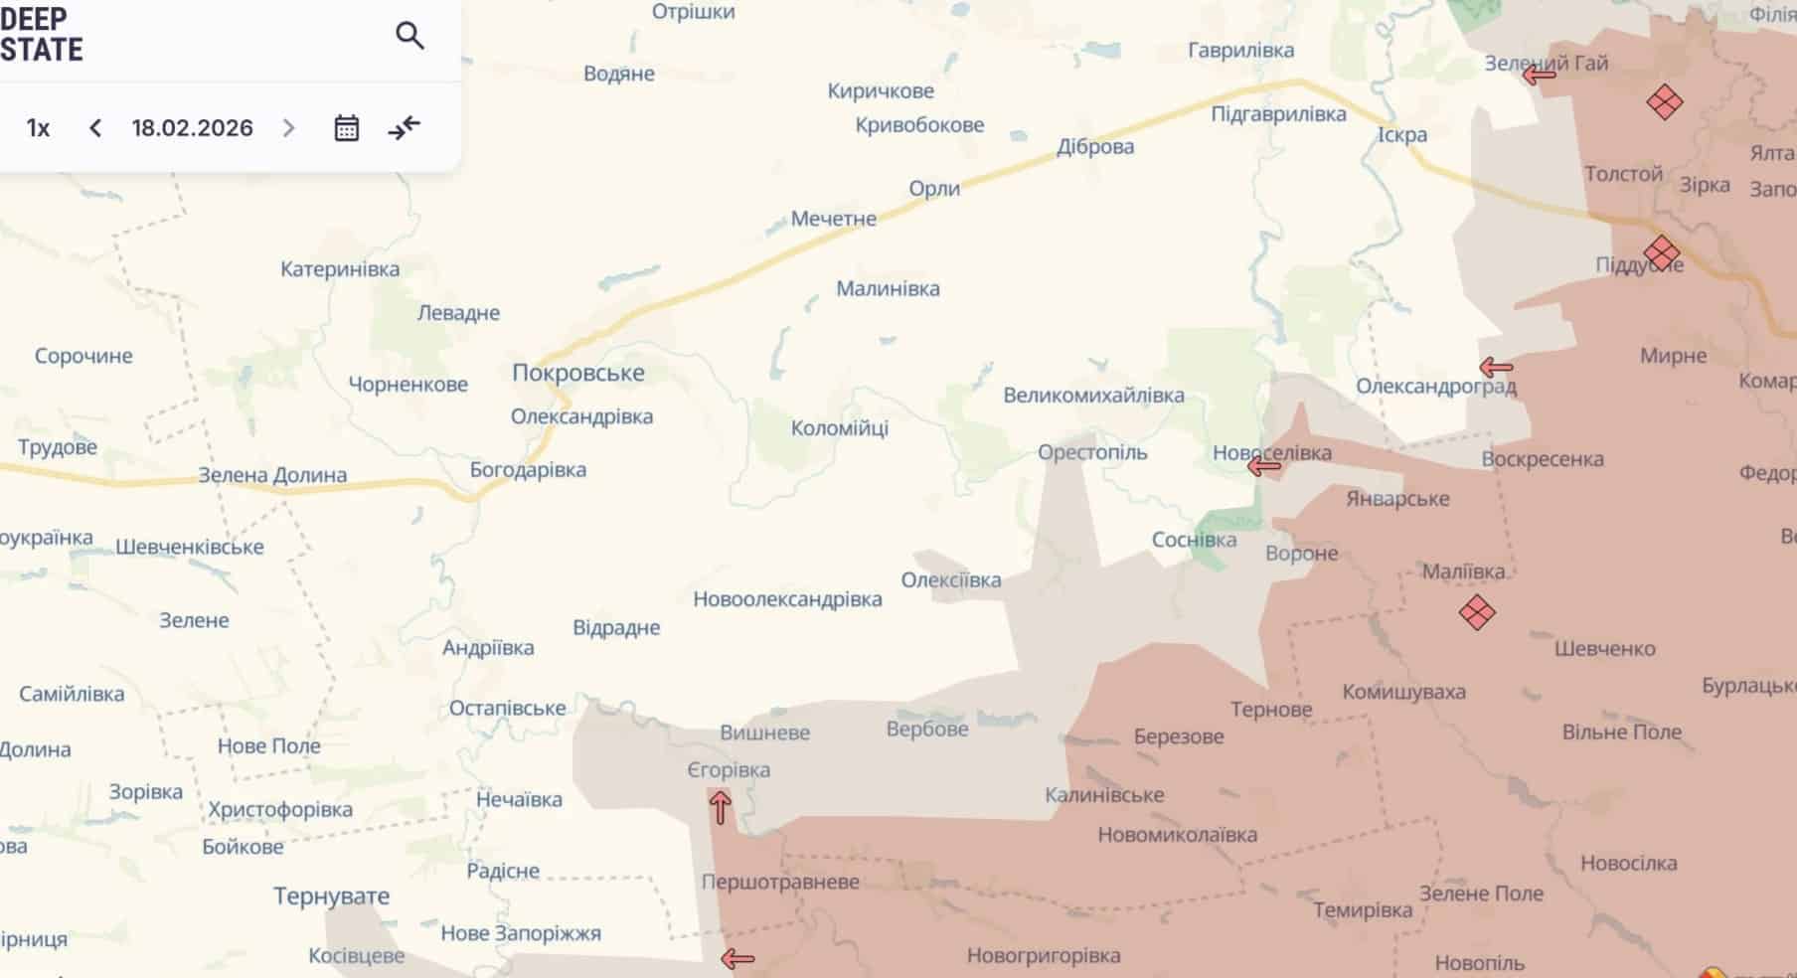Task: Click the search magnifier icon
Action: (409, 37)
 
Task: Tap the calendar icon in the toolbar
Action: (346, 128)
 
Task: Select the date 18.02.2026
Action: (192, 128)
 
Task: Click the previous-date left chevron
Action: (95, 128)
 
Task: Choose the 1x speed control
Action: (38, 128)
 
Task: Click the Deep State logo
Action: (41, 35)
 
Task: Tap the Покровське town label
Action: (577, 373)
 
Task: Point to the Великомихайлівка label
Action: (1093, 395)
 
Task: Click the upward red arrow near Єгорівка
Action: (720, 806)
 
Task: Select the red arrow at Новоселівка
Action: (1263, 465)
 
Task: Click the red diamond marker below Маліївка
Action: (1477, 612)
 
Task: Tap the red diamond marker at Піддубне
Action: (1662, 253)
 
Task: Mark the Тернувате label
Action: (331, 896)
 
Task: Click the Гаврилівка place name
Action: (1240, 50)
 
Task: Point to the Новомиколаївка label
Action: (1177, 835)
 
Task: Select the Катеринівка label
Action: (340, 269)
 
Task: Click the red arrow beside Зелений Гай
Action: (1539, 74)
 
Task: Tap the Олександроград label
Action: (1436, 386)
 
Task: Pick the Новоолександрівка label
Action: (787, 599)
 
